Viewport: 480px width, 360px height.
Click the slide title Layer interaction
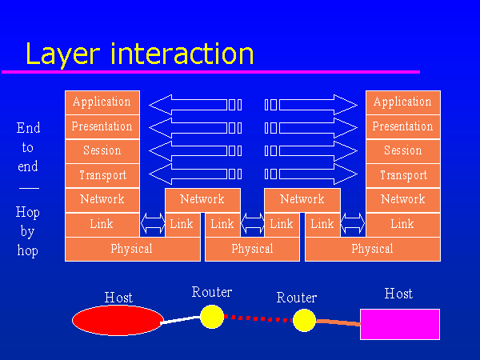(139, 53)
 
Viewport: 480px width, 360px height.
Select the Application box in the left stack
(102, 102)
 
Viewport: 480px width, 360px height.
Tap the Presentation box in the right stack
(402, 126)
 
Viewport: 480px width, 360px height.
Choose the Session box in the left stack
(102, 150)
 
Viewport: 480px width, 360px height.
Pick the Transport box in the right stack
(402, 175)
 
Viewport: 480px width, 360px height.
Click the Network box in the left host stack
(102, 199)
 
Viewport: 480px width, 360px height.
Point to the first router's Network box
(202, 199)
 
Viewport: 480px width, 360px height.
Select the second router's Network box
(302, 199)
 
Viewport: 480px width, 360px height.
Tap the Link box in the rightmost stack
(402, 225)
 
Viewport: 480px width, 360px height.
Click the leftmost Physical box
(132, 249)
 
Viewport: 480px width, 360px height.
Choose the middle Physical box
(252, 249)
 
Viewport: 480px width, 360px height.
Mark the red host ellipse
(118, 320)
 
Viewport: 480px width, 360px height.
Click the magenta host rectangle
(399, 323)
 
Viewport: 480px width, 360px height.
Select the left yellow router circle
(211, 316)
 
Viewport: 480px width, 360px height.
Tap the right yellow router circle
(304, 321)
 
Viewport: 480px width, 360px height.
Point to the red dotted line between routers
(258, 318)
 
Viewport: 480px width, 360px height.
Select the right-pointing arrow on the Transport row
(311, 174)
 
